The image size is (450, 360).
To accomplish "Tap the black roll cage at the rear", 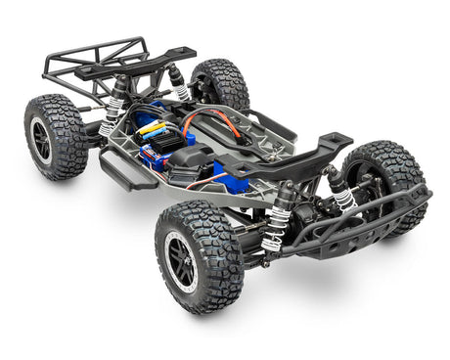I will pyautogui.click(x=93, y=64).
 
